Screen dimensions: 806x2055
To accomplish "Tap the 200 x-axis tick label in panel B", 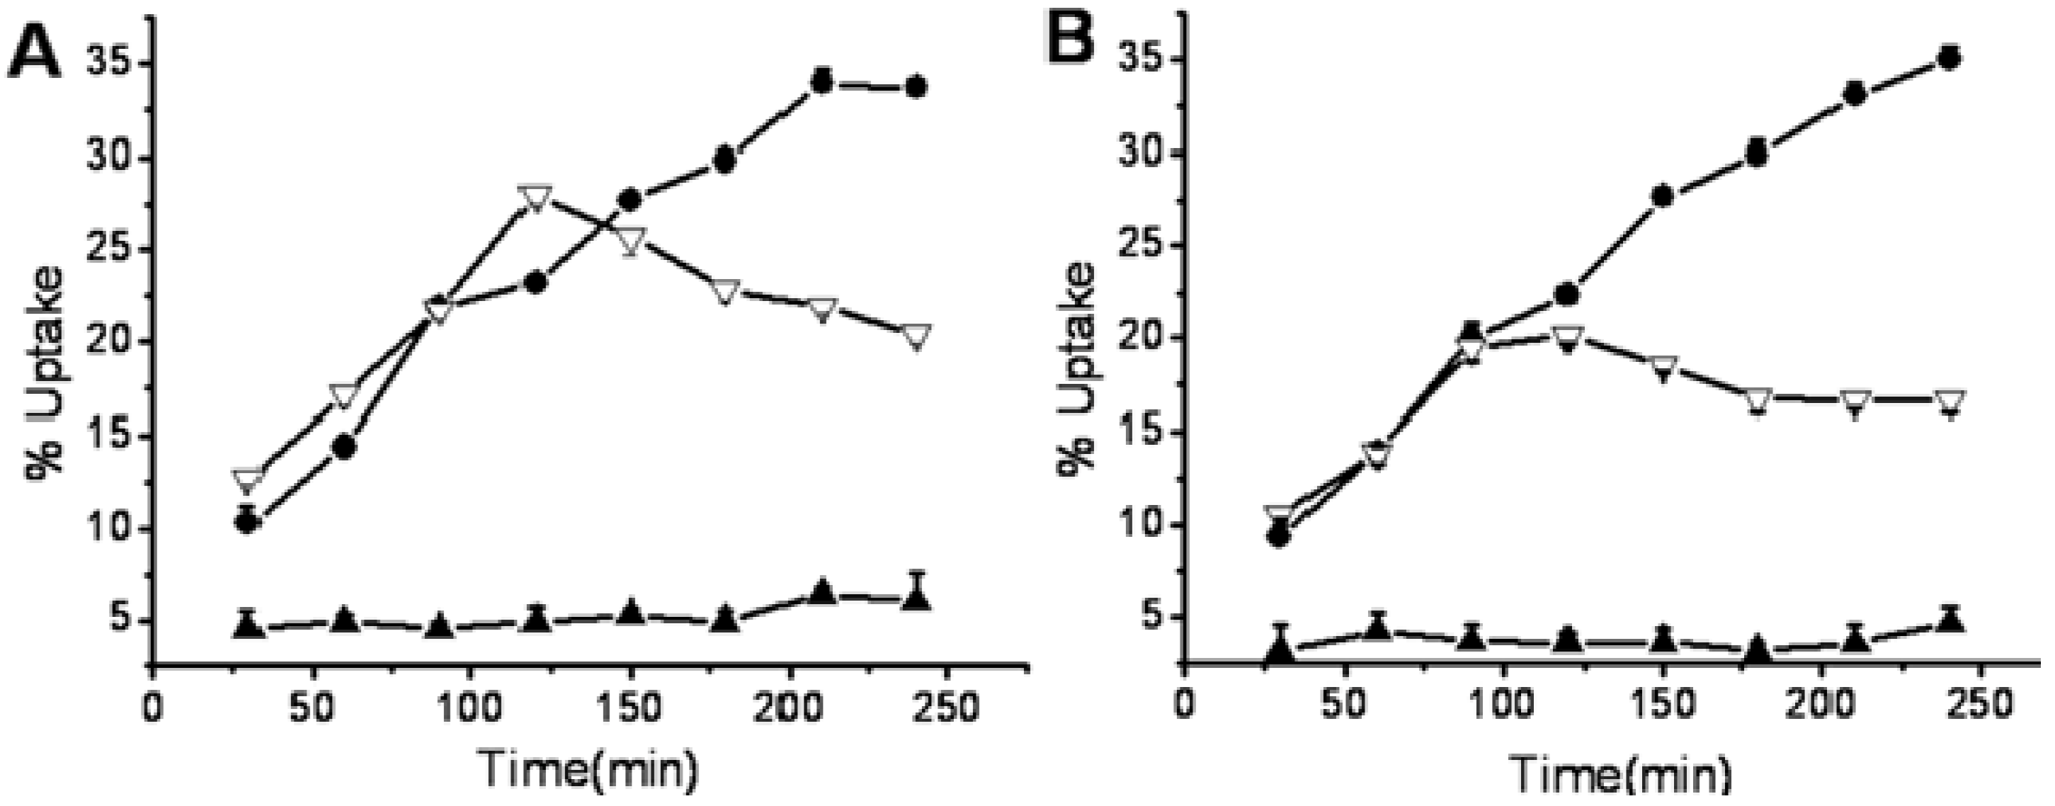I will [x=1821, y=706].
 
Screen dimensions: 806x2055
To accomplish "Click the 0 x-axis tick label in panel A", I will [x=152, y=706].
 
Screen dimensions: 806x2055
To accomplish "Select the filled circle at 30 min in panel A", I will [x=247, y=522].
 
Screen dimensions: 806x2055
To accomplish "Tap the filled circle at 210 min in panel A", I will [x=821, y=82].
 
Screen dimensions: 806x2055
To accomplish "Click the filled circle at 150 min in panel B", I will [x=1663, y=196].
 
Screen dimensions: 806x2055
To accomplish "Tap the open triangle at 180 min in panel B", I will [x=1757, y=399].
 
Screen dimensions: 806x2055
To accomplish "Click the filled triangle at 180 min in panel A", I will [x=724, y=618].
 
